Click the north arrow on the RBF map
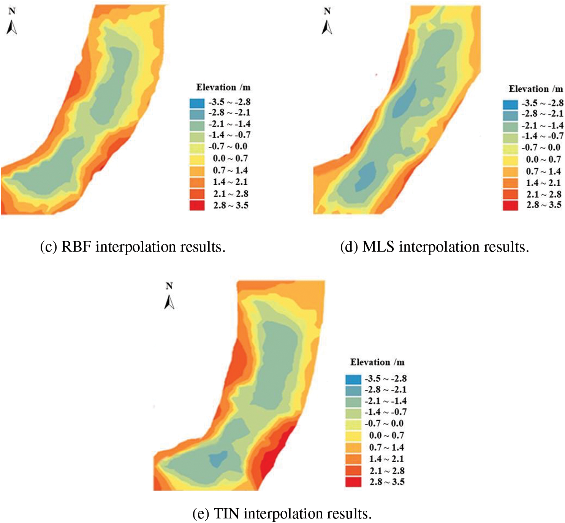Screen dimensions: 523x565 12,27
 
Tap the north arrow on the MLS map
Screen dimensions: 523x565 327,27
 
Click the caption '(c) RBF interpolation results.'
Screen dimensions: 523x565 133,247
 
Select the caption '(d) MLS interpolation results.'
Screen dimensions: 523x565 434,247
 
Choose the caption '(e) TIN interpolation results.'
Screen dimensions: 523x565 282,514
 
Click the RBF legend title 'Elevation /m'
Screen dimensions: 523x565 223,87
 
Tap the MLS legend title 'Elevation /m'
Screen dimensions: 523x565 535,89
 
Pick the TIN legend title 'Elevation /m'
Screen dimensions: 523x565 377,362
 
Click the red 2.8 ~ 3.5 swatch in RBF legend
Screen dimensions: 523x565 197,206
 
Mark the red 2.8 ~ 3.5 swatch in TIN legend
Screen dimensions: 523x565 353,482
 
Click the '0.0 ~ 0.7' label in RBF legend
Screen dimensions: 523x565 230,158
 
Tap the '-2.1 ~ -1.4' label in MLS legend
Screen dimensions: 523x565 542,125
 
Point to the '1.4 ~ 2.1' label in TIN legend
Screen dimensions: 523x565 386,459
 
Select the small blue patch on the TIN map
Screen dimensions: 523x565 218,459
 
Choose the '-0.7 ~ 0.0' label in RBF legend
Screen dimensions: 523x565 228,147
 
